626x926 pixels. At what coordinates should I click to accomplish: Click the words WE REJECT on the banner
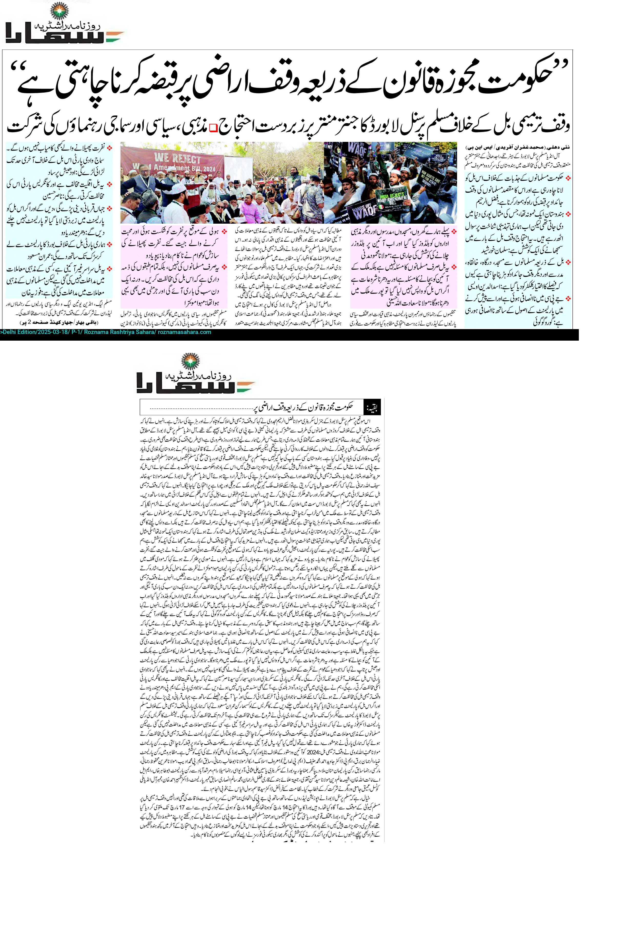[178, 158]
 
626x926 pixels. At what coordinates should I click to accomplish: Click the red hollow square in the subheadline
[213, 127]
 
